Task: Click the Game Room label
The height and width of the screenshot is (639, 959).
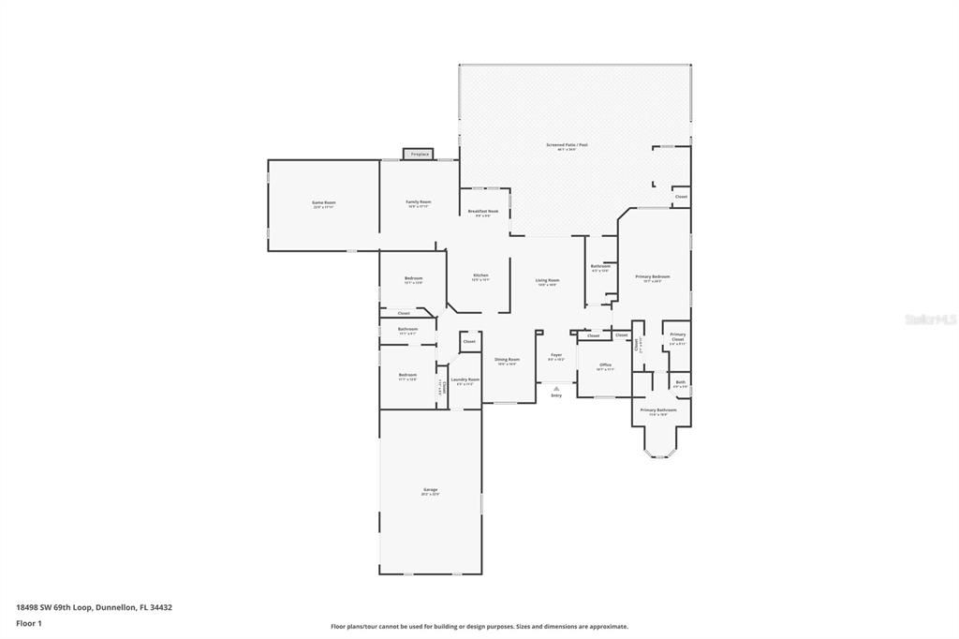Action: pos(324,202)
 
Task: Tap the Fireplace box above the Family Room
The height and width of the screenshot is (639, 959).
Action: pos(420,154)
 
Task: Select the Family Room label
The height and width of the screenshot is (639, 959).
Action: pos(419,202)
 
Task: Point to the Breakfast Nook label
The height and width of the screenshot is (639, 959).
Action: pos(483,212)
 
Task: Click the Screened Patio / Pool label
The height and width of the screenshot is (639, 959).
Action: pos(568,145)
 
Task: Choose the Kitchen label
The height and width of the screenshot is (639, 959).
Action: pos(480,275)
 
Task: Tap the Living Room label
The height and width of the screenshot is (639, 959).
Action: pos(547,281)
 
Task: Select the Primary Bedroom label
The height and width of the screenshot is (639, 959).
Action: pos(653,277)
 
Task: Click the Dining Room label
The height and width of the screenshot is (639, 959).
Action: pos(507,360)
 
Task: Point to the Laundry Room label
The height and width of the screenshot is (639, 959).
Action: pos(465,379)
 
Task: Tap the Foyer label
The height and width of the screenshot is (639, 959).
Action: pos(556,355)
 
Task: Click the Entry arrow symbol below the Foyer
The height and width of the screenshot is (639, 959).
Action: pos(556,388)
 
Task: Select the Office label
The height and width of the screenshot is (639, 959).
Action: pos(605,365)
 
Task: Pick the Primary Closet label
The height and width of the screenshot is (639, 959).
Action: pos(677,336)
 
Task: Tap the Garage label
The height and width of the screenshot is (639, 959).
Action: pos(431,490)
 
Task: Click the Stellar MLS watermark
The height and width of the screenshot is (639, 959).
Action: pos(929,319)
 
